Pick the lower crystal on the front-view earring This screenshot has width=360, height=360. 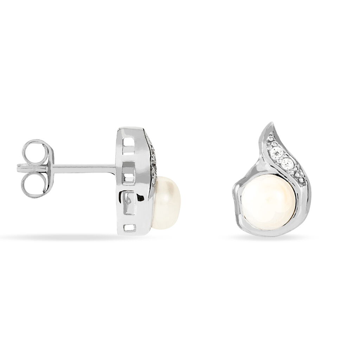coord(287,163)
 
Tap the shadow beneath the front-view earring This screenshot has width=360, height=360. coord(267,236)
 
